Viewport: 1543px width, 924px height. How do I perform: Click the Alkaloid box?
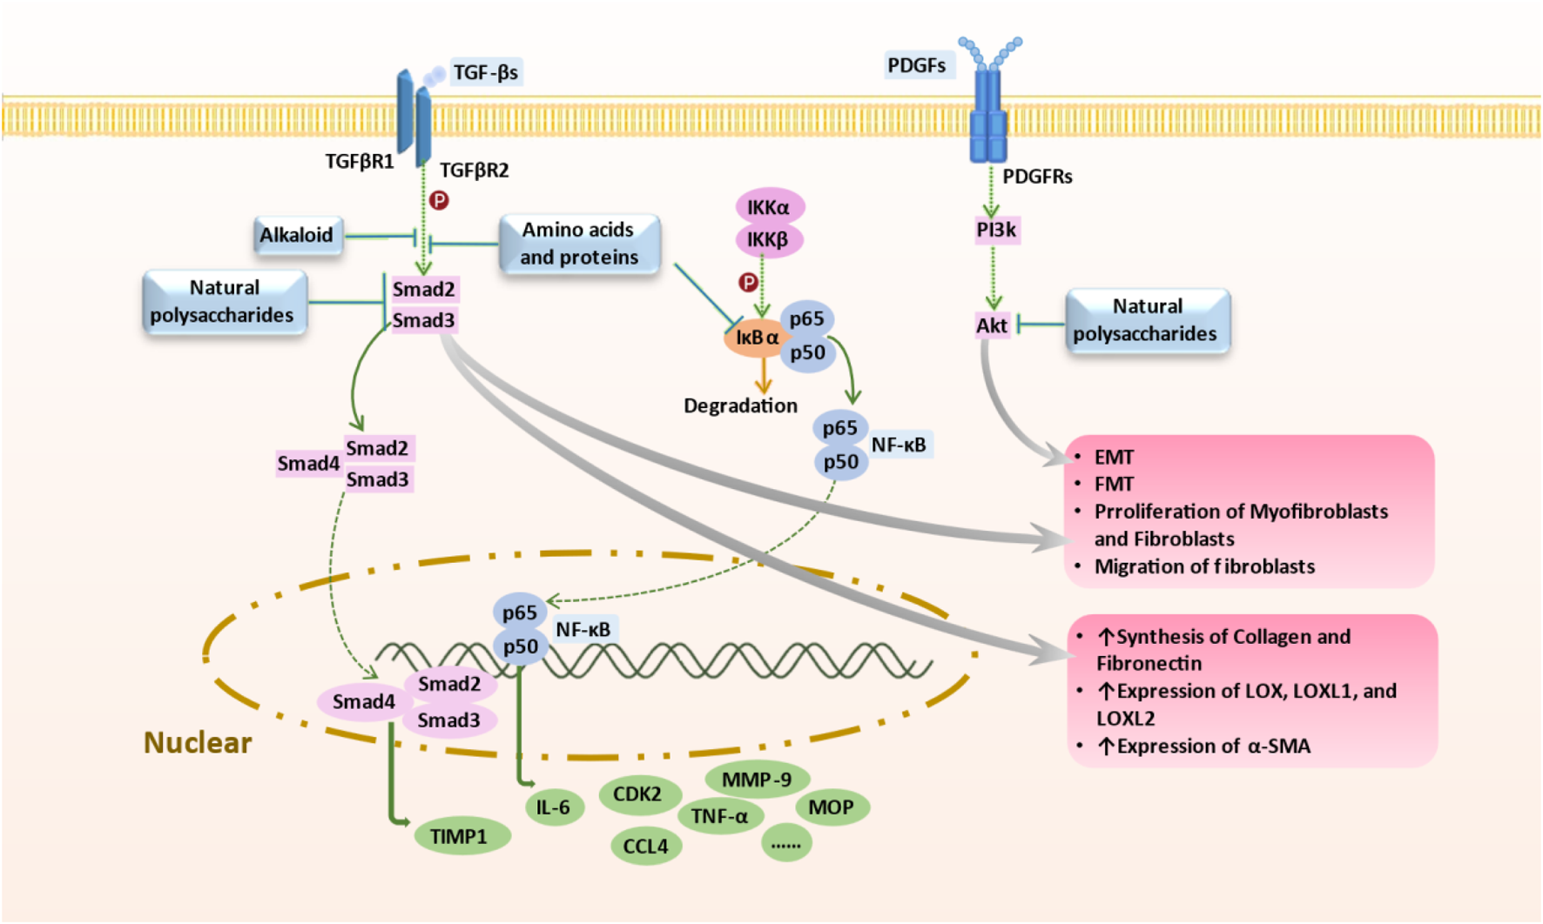pyautogui.click(x=297, y=235)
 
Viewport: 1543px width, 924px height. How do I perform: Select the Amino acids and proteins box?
pyautogui.click(x=579, y=244)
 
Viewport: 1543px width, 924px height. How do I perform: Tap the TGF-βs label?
pyautogui.click(x=486, y=72)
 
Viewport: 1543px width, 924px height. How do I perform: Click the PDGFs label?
pyautogui.click(x=917, y=65)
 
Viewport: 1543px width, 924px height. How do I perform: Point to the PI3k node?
pyautogui.click(x=996, y=230)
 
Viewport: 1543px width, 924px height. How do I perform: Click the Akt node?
pyautogui.click(x=992, y=325)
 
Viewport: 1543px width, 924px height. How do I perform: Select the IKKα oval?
pyautogui.click(x=769, y=207)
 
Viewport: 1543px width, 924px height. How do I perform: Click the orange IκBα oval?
pyautogui.click(x=755, y=338)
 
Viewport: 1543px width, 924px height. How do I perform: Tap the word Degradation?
pyautogui.click(x=740, y=405)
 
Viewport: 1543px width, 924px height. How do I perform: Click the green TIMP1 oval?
pyautogui.click(x=459, y=836)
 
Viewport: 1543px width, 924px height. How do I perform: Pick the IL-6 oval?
pyautogui.click(x=554, y=807)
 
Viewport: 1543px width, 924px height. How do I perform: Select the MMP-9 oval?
pyautogui.click(x=757, y=780)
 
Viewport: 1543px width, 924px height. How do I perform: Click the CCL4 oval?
pyautogui.click(x=645, y=846)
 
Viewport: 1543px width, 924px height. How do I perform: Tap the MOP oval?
pyautogui.click(x=831, y=807)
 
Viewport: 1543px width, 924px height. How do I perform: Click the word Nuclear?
pyautogui.click(x=198, y=742)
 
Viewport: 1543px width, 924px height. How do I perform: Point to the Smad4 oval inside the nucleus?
pyautogui.click(x=363, y=701)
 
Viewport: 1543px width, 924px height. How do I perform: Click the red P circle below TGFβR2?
pyautogui.click(x=440, y=201)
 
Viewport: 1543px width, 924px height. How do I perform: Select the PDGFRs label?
pyautogui.click(x=1037, y=177)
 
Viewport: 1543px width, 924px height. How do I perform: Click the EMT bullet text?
pyautogui.click(x=1114, y=457)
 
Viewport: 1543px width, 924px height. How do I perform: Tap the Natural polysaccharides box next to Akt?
pyautogui.click(x=1147, y=320)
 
